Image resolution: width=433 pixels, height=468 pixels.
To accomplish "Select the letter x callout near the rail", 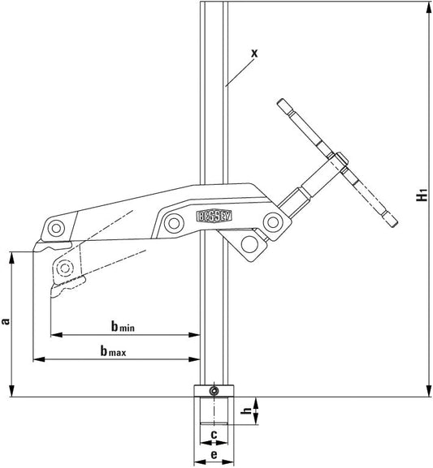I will [x=253, y=53].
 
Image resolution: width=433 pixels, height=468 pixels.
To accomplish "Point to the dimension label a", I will [x=6, y=322].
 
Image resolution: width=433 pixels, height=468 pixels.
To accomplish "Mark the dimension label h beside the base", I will [x=247, y=411].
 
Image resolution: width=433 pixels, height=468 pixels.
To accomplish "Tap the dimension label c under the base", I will [x=213, y=435].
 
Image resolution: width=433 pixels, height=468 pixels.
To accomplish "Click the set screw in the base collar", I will [x=213, y=393].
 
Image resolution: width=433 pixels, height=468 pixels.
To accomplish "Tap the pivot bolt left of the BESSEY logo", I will [x=172, y=221].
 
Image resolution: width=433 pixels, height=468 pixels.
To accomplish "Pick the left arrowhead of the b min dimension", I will [x=54, y=333].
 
